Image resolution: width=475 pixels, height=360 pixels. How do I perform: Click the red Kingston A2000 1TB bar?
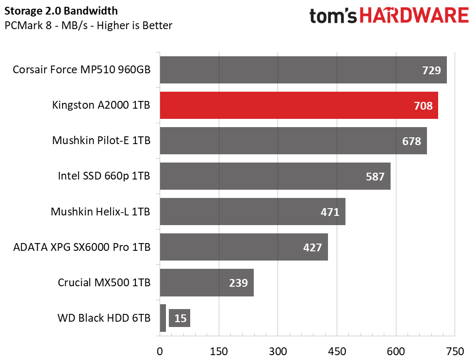299,105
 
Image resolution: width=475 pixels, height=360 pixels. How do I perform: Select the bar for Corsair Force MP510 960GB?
303,70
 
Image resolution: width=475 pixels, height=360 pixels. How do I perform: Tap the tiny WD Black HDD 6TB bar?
163,318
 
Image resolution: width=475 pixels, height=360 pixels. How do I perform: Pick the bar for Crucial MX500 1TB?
207,282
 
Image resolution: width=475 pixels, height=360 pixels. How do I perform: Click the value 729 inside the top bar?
431,70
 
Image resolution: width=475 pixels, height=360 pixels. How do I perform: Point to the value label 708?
423,106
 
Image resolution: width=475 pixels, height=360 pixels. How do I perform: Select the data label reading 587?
375,177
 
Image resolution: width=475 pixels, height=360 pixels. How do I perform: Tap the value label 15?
180,318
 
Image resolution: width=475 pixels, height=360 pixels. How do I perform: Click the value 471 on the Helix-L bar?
330,212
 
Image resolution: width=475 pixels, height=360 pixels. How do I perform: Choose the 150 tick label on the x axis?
219,352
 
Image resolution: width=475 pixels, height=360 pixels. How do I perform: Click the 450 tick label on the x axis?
337,352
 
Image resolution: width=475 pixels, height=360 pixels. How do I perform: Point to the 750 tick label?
455,352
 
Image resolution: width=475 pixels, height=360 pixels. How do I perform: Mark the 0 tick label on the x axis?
160,352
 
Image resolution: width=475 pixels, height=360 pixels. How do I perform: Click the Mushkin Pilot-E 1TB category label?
101,140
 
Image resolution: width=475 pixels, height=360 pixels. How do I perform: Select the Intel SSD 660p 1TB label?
104,176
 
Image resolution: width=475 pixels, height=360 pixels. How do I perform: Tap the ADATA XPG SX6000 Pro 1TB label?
82,247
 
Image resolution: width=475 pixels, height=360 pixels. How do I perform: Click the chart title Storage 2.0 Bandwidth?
61,11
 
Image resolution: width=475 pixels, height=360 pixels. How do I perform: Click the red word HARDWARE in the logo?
414,15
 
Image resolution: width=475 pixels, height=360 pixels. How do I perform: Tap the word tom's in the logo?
333,16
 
